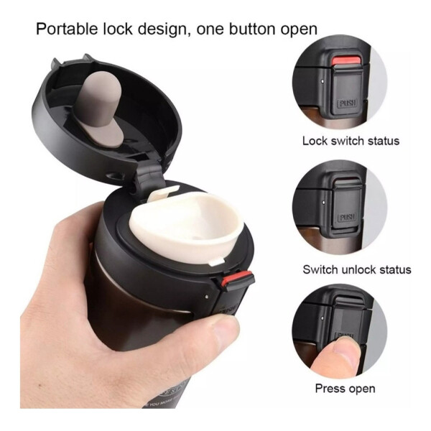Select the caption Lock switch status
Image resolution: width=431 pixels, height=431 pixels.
point(351,141)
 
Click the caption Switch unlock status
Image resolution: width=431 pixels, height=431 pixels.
point(357,270)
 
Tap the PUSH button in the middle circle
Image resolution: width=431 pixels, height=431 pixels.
point(347,216)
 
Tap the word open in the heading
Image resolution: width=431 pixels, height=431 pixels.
point(297,29)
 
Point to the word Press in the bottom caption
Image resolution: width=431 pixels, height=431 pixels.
point(330,389)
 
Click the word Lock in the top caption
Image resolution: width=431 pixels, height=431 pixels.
point(315,141)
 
